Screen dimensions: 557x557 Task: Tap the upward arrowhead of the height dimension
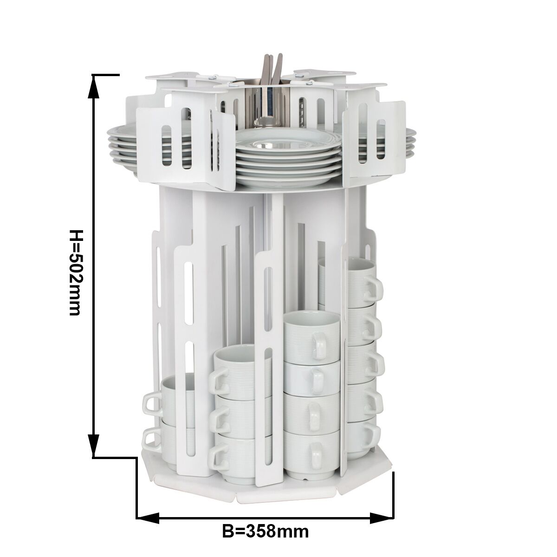pos(93,90)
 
